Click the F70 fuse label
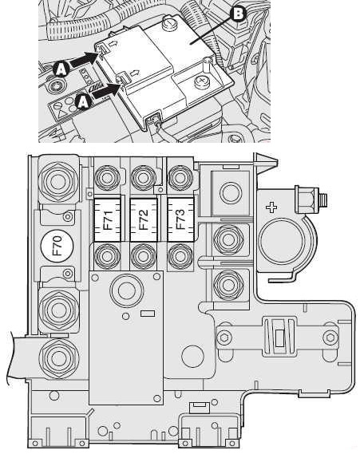pos(57,245)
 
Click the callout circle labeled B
pos(239,14)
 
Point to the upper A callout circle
pos(61,69)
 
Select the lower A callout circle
pos(83,102)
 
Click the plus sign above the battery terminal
pos(271,208)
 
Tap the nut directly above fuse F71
pos(108,178)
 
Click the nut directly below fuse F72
pos(144,256)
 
